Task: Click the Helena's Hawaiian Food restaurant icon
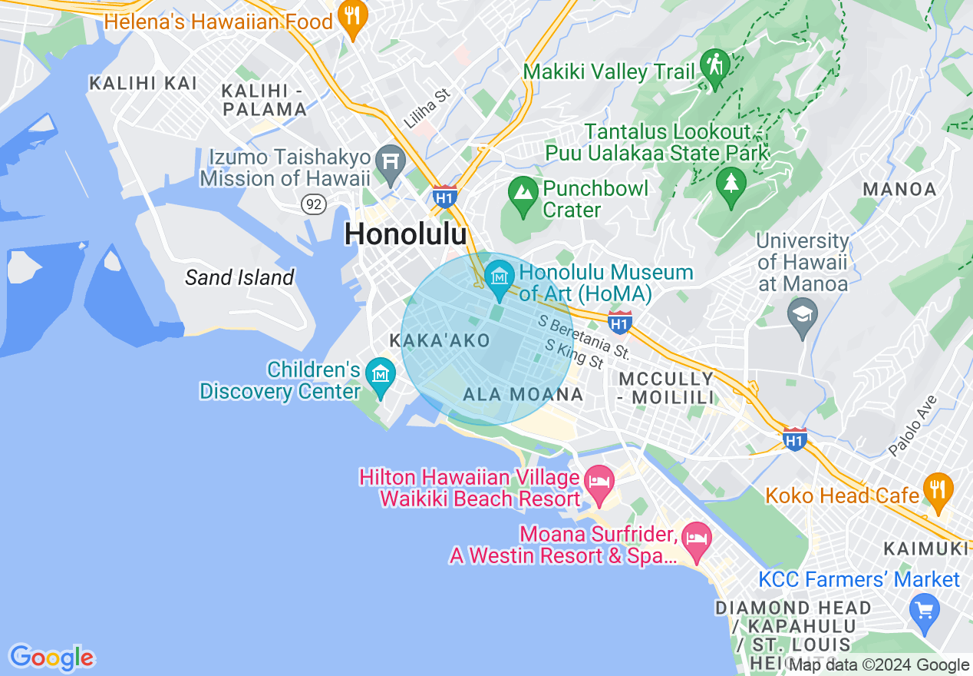click(x=352, y=18)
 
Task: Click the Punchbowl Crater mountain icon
click(x=523, y=192)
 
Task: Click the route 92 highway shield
click(x=313, y=204)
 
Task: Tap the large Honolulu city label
click(x=405, y=234)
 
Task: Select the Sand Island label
click(x=239, y=277)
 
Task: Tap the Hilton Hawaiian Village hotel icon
click(x=599, y=483)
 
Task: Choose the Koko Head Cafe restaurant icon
click(x=938, y=490)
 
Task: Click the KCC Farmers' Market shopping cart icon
click(x=924, y=610)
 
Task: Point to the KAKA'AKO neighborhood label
click(x=440, y=340)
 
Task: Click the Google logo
click(x=51, y=658)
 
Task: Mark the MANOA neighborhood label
click(x=899, y=189)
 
